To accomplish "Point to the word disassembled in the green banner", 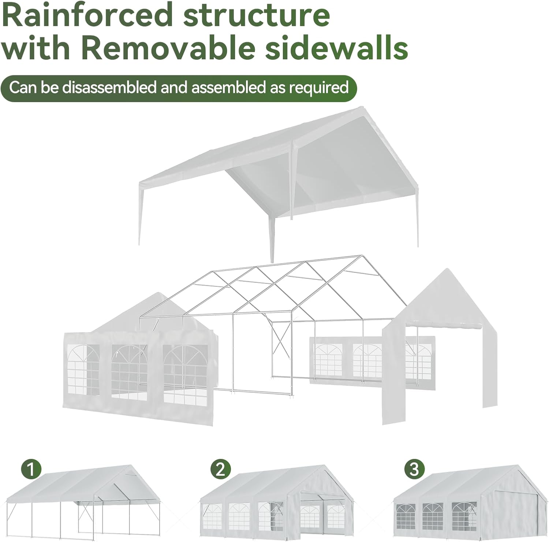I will click(110, 88).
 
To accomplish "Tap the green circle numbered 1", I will click(31, 469).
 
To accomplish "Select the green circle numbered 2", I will click(221, 469).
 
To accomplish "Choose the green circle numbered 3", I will click(414, 469).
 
